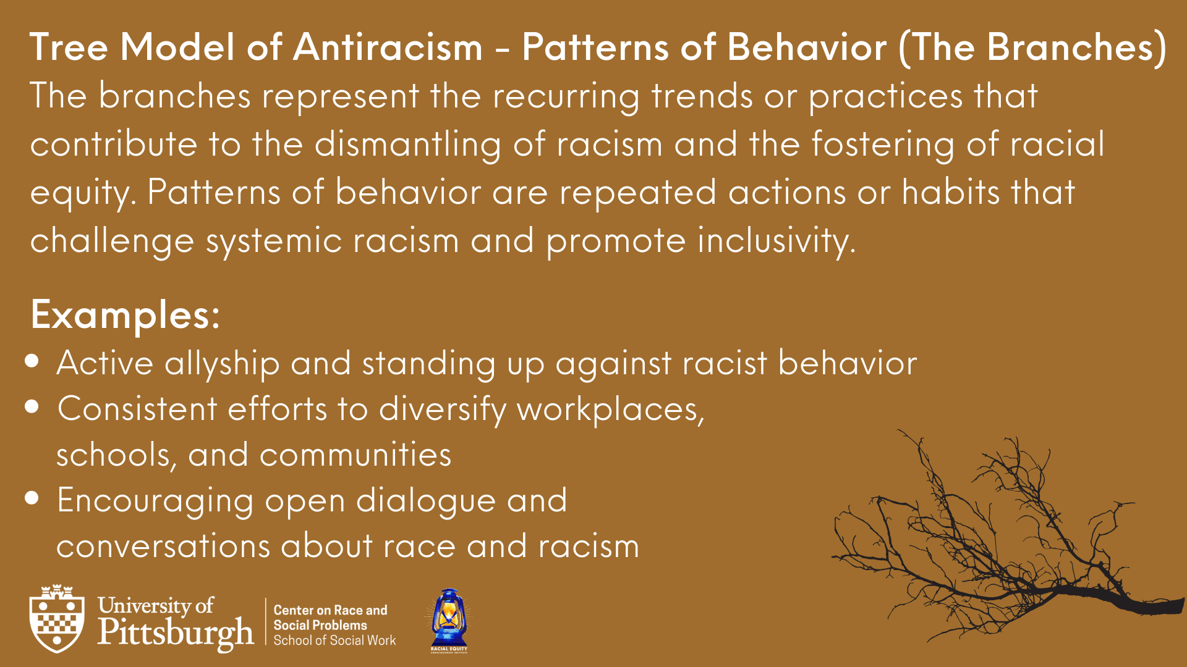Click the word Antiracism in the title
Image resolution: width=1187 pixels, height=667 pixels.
click(388, 47)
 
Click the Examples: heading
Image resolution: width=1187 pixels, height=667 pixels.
click(126, 316)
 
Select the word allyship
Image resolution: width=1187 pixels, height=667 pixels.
click(222, 364)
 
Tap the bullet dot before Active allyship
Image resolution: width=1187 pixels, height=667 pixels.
click(33, 361)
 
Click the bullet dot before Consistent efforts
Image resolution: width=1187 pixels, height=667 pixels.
click(33, 406)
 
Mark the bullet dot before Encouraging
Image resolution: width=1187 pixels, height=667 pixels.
click(33, 498)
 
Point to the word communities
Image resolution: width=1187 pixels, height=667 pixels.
click(355, 455)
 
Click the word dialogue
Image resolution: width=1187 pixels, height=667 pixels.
click(426, 501)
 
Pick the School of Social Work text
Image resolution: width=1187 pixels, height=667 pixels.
click(334, 640)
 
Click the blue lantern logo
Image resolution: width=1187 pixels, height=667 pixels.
click(449, 619)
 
